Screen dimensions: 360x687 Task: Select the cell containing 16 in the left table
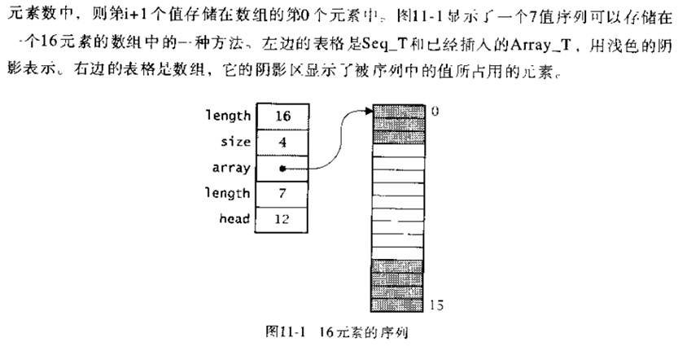point(282,116)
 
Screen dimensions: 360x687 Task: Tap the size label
point(235,142)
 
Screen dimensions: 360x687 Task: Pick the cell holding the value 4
point(282,142)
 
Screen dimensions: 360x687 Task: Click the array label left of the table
point(232,169)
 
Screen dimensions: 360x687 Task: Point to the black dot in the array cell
point(282,169)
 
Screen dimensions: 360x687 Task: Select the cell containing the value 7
point(282,193)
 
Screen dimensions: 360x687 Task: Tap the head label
point(234,218)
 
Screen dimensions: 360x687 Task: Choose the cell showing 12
point(282,218)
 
